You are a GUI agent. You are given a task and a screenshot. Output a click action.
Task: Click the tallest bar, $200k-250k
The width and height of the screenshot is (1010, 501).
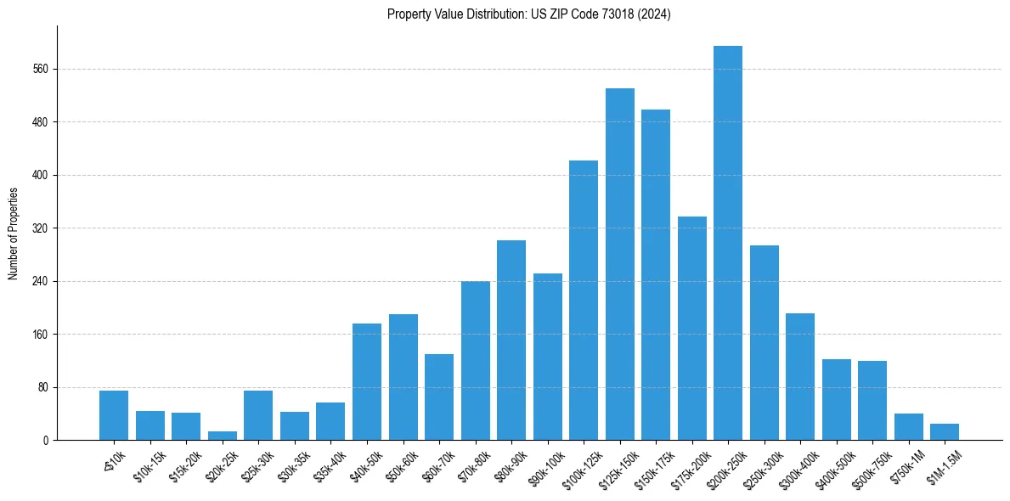728,243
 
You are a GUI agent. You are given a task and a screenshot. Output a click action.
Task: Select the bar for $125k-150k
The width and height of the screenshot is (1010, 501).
619,264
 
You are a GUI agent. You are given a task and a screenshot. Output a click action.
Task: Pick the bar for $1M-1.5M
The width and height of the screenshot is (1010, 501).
944,431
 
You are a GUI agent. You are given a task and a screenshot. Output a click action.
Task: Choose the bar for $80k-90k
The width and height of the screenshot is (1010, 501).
511,340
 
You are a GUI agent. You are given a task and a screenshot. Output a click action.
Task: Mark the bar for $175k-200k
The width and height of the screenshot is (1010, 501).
691,328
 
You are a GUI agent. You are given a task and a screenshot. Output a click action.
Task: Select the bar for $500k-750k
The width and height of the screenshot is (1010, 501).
872,400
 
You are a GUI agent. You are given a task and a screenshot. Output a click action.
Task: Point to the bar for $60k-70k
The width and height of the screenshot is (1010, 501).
439,397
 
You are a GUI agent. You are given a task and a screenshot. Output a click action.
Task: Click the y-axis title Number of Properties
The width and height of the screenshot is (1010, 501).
13,233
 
